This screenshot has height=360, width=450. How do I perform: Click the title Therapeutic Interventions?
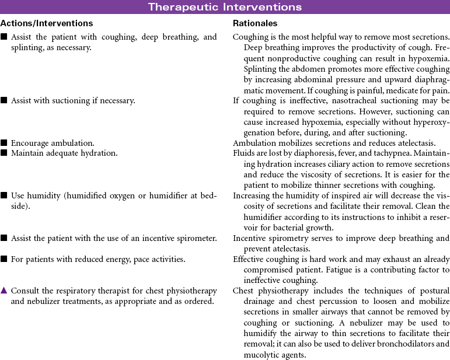[x=225, y=7]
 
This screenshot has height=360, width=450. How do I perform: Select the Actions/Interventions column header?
[x=47, y=23]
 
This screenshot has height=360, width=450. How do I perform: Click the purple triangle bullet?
[x=4, y=290]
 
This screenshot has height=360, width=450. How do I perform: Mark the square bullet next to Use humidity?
[x=4, y=195]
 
